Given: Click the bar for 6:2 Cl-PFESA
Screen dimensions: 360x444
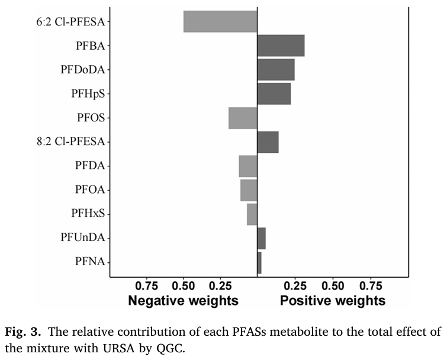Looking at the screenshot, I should pos(220,21).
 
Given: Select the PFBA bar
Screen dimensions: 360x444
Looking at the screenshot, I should pos(281,46).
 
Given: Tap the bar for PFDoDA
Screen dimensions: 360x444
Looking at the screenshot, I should pos(276,70).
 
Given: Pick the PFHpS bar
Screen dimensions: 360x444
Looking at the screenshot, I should pos(274,94).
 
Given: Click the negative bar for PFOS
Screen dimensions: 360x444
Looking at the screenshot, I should pos(243,118).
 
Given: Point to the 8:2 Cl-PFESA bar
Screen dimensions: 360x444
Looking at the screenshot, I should pos(268,142).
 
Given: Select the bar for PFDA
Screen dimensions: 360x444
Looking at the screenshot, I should pos(248,166).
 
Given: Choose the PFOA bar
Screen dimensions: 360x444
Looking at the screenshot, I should pos(249,190).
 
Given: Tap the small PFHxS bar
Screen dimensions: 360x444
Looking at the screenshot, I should pos(252,214).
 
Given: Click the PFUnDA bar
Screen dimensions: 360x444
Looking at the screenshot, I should pos(261,238).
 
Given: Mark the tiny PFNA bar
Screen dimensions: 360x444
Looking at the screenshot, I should pos(259,262).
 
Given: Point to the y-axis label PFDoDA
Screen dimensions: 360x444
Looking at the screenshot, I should pos(82,70).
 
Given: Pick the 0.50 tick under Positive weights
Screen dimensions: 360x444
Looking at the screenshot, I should pos(332,284).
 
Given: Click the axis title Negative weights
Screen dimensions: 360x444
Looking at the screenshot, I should pos(184,300).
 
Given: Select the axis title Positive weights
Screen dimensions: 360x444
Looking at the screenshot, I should pos(332,300).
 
